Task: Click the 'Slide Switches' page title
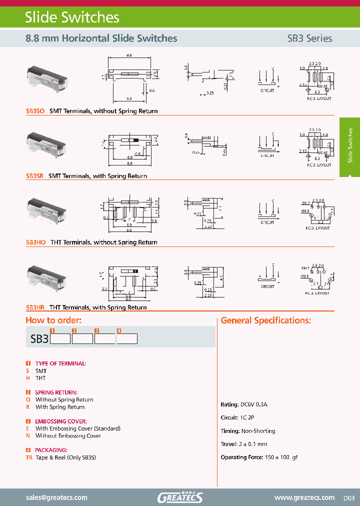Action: [72, 17]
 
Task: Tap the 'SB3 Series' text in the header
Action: [309, 38]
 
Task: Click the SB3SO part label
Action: [35, 111]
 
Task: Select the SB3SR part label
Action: [34, 176]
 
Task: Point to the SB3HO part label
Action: [35, 242]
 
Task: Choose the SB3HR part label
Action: [35, 307]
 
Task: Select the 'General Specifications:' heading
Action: [265, 320]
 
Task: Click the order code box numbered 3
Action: [104, 339]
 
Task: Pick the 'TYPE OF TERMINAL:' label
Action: [60, 363]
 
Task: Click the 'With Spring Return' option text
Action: [60, 407]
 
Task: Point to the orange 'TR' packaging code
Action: [29, 457]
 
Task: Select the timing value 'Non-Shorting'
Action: [257, 431]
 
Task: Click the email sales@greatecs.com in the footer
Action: [56, 497]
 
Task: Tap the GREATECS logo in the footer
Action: [180, 497]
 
